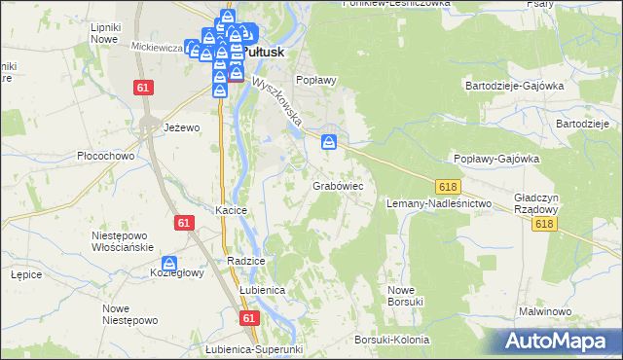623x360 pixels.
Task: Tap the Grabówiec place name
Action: [x=338, y=185]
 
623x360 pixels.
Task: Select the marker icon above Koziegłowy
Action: [x=169, y=264]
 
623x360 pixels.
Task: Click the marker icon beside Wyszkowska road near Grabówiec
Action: [x=330, y=143]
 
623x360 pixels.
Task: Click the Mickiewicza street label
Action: [x=157, y=46]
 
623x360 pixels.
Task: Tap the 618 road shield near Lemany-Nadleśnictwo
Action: [x=448, y=187]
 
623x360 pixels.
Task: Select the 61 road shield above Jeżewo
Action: [x=144, y=88]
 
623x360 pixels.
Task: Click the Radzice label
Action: [x=245, y=262]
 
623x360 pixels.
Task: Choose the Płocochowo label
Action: [x=104, y=156]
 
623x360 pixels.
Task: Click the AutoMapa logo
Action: [x=559, y=341]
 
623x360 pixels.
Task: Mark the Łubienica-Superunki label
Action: [x=255, y=349]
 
